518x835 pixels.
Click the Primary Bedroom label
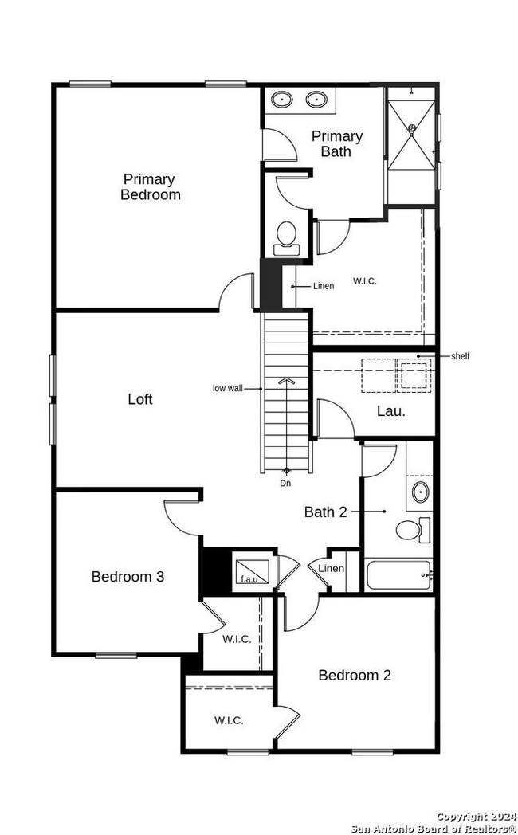pos(151,187)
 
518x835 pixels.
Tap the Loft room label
pos(140,399)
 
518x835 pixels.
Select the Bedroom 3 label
pos(128,576)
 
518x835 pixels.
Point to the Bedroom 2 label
pos(355,675)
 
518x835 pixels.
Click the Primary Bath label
pos(337,143)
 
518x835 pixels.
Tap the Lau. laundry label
pos(391,411)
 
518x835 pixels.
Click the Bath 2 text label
pos(326,512)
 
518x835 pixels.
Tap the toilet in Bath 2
pos(413,530)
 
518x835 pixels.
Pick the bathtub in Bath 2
pos(399,574)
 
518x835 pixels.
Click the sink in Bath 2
pos(421,492)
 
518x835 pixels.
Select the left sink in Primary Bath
pos(281,99)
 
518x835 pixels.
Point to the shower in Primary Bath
pos(411,135)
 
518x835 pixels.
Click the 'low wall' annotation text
pos(228,388)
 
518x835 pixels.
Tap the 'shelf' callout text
pos(461,356)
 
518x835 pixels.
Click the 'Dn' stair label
pos(286,484)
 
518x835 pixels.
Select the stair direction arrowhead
pos(286,381)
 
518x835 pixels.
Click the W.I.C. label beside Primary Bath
pos(365,281)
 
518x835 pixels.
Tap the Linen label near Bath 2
pos(332,569)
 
